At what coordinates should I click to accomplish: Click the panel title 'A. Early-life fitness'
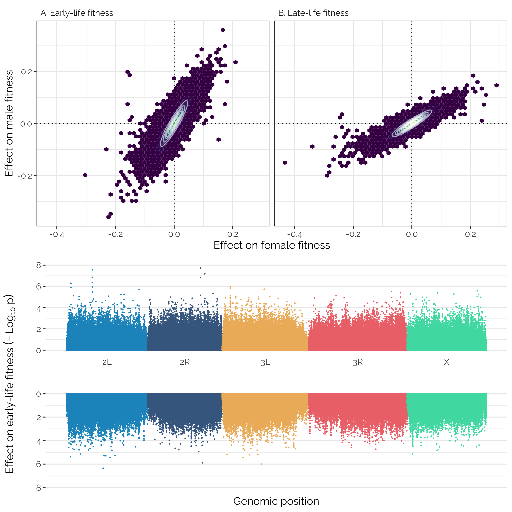pos(77,13)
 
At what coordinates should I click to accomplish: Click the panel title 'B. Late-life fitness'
pos(313,13)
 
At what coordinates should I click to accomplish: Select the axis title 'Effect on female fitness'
pos(272,245)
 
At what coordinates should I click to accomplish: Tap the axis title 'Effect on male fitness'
pos(9,123)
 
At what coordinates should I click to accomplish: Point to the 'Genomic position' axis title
pos(276,501)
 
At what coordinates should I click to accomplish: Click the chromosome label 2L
pos(107,362)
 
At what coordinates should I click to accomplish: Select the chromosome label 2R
pos(185,362)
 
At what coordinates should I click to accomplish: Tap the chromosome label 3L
pos(265,362)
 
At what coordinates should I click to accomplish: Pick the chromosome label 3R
pos(358,362)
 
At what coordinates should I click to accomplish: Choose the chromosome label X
pos(447,362)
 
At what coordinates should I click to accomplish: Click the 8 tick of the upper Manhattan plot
pos(39,265)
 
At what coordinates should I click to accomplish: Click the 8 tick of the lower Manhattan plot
pos(39,488)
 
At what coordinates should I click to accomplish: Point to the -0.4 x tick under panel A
pos(57,234)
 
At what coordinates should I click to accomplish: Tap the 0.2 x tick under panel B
pos(470,234)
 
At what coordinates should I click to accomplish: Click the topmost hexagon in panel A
pos(223,30)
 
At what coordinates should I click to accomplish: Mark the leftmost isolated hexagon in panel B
pos(285,163)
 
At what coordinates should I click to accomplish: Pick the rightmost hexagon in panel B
pos(496,85)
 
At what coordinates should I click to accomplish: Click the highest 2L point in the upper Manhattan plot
pos(92,270)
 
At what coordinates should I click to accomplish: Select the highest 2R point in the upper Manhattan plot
pos(200,268)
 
